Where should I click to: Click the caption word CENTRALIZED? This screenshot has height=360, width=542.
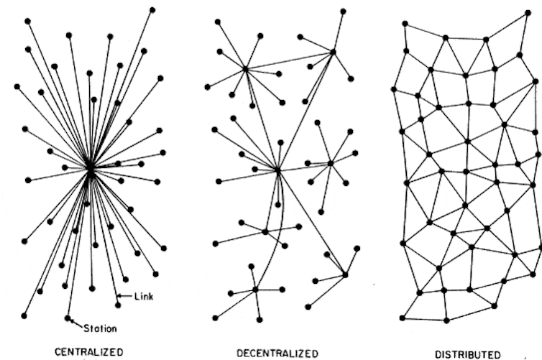89,352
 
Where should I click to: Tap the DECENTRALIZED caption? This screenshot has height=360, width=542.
277,354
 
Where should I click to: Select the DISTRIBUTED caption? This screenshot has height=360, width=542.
467,355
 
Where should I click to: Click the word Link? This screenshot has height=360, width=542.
144,297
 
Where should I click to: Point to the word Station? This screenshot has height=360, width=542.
100,328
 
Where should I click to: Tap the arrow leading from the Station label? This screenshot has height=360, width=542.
77,324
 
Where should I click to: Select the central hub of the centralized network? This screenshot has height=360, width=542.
90,170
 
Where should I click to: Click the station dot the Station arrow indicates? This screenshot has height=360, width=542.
68,318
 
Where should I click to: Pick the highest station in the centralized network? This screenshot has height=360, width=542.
152,10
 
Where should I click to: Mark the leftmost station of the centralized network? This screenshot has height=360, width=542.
17,87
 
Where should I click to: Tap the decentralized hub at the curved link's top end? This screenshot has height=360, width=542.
277,170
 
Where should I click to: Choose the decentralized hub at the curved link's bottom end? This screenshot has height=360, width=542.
255,290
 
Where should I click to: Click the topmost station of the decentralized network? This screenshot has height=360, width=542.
343,11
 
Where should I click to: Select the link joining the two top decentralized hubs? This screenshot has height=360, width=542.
289,60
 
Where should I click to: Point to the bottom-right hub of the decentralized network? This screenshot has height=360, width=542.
345,275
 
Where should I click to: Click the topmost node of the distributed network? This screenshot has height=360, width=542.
528,13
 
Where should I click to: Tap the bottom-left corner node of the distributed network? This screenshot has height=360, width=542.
403,318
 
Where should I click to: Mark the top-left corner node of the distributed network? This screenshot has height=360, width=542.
405,24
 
